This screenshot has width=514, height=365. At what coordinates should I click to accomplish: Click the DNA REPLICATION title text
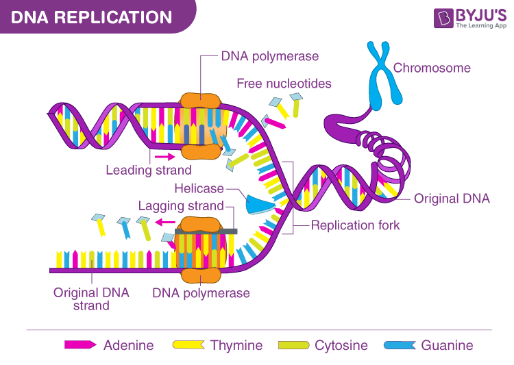coord(92,16)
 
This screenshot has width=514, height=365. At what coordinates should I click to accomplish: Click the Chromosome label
coord(432,68)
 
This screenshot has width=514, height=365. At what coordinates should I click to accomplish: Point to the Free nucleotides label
coord(284,84)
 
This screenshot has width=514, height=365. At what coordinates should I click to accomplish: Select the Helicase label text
coord(199,188)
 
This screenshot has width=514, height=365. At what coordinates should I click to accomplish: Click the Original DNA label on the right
coord(452,199)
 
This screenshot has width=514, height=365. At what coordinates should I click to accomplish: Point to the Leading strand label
coord(148,170)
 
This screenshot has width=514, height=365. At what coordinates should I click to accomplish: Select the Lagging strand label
coord(181,205)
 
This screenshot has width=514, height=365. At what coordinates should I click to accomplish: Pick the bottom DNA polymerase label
coord(201,293)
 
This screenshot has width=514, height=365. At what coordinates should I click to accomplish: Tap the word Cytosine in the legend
coord(341,345)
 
